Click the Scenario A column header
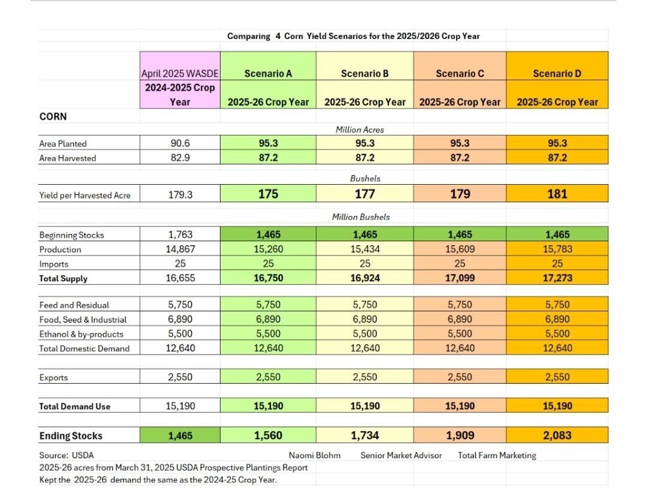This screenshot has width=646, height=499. [x=268, y=73]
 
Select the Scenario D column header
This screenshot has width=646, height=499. [x=557, y=73]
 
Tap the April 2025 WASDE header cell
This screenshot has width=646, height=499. [x=180, y=74]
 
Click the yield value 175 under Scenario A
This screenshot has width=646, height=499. [x=268, y=194]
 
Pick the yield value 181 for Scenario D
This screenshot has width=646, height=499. [x=557, y=194]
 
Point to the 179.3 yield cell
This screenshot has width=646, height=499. [x=180, y=194]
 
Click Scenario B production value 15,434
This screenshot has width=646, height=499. [x=364, y=249]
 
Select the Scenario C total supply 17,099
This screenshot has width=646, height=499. [x=460, y=278]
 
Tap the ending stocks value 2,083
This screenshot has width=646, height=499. [x=557, y=435]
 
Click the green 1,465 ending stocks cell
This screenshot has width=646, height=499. [x=180, y=436]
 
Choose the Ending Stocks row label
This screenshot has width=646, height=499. [x=71, y=436]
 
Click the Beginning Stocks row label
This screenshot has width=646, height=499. [x=71, y=235]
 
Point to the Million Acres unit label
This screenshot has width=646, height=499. [x=360, y=130]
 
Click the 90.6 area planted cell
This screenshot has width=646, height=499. [x=180, y=143]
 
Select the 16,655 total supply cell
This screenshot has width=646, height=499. [x=180, y=278]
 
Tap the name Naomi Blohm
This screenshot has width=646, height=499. [x=315, y=455]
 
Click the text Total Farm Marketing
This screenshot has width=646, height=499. [x=497, y=455]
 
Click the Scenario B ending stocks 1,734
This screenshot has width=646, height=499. [x=364, y=435]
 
